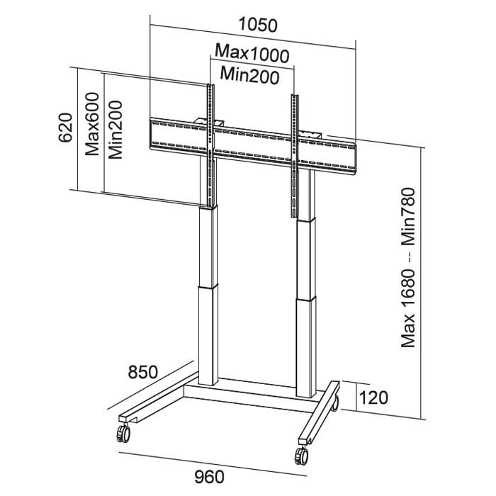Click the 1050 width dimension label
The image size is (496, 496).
(x=257, y=24)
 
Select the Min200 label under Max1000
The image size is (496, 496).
(x=249, y=73)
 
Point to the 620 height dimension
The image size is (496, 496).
(x=65, y=128)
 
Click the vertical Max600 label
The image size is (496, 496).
(x=91, y=125)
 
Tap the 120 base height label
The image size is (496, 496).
(x=373, y=396)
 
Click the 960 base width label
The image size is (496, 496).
(x=210, y=476)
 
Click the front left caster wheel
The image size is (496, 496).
(x=123, y=431)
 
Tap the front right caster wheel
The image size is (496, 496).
(x=301, y=456)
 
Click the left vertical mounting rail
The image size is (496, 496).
(x=210, y=149)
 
